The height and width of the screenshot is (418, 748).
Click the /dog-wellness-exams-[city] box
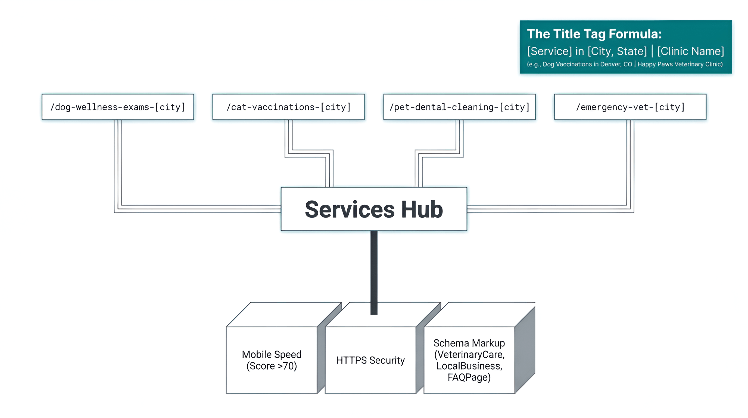(x=118, y=107)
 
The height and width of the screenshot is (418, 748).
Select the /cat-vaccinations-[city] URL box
(x=288, y=107)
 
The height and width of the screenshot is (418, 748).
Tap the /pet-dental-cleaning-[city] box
(x=459, y=107)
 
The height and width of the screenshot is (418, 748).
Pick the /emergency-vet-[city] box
(x=630, y=107)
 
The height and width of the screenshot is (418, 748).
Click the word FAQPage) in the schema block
(x=469, y=377)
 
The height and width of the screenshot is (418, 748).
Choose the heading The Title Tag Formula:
(x=594, y=34)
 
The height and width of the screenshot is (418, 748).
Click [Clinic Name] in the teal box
(x=690, y=51)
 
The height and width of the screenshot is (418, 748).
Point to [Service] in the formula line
(x=549, y=51)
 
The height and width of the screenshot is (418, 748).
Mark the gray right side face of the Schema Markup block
(x=525, y=349)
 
